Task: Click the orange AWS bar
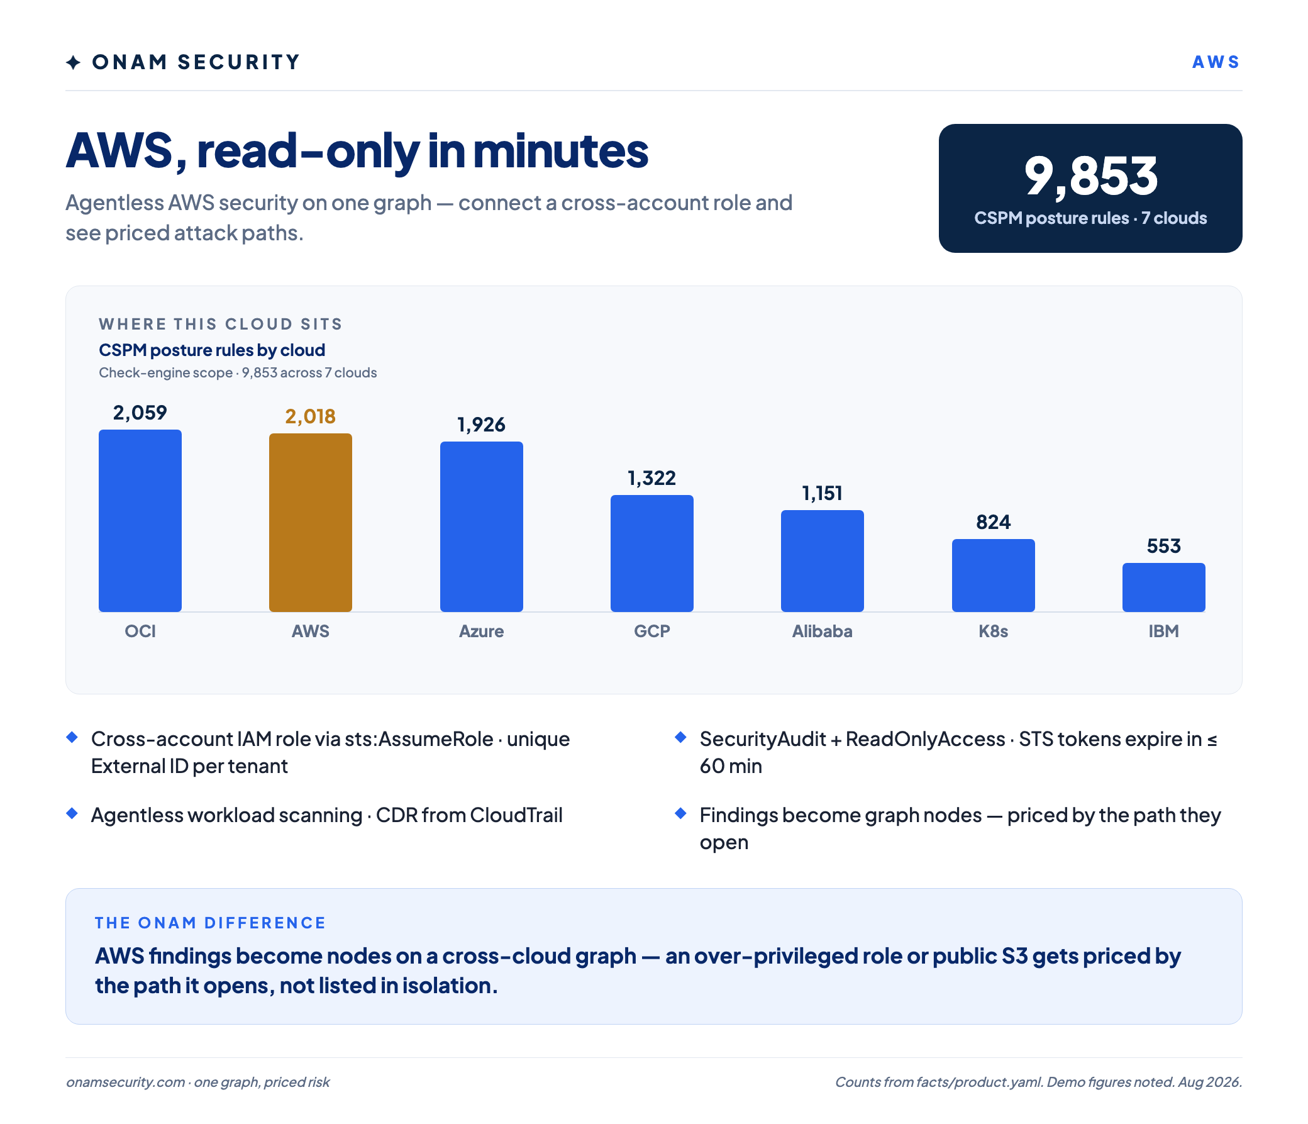click(x=311, y=522)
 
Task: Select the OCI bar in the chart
click(x=140, y=520)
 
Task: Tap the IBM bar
click(x=1163, y=587)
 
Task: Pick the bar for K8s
click(x=993, y=576)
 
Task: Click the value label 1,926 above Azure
click(x=481, y=425)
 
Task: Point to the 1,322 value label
click(x=651, y=478)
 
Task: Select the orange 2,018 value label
click(x=310, y=416)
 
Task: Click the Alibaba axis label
click(x=822, y=631)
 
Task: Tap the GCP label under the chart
click(x=651, y=631)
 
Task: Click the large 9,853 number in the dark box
click(x=1090, y=176)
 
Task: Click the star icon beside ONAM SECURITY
click(x=73, y=62)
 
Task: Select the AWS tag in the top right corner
click(x=1216, y=62)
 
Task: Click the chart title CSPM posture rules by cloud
click(x=212, y=350)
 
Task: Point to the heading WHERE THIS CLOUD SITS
click(x=220, y=324)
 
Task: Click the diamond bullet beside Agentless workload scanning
click(x=72, y=813)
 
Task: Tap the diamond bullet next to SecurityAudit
click(x=680, y=737)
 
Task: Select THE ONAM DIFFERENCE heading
click(x=210, y=923)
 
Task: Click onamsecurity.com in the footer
click(x=126, y=1082)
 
